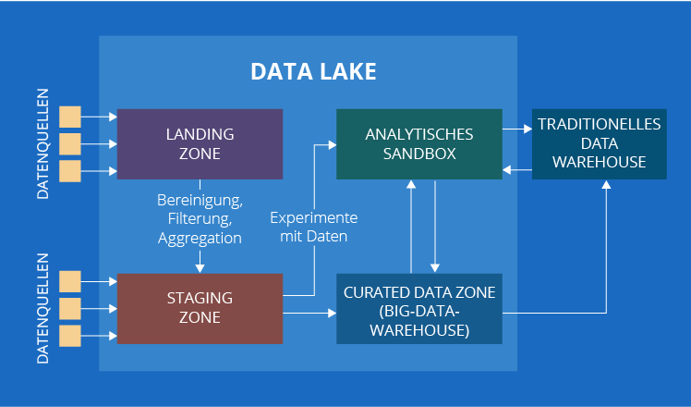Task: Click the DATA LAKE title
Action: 313,71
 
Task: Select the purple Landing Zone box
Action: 200,143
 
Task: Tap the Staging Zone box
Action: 200,308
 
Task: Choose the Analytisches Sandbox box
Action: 418,143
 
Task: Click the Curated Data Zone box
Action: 418,308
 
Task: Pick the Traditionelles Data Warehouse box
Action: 599,143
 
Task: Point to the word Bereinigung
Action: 200,201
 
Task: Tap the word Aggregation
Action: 200,238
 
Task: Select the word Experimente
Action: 313,218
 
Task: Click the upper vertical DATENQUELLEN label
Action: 42,143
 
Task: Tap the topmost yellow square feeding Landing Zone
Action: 70,117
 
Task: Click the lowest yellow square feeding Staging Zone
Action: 70,335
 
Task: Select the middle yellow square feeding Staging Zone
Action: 70,307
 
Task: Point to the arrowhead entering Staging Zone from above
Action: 200,268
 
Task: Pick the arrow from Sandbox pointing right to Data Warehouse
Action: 516,129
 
